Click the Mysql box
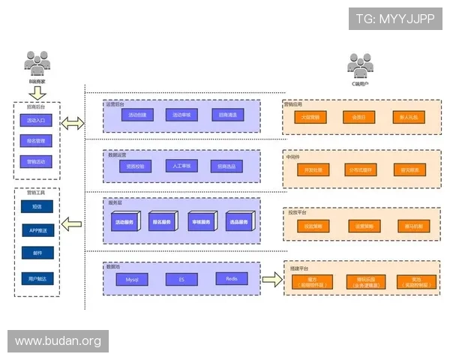tap(132, 279)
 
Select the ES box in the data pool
tap(181, 279)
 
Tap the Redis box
tap(232, 279)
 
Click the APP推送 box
tap(37, 230)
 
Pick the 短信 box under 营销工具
tap(37, 206)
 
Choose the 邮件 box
tap(37, 254)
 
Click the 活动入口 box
tap(37, 120)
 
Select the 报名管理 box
tap(37, 140)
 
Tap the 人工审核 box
tap(181, 166)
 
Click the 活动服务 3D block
tap(124, 222)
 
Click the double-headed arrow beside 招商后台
tap(73, 123)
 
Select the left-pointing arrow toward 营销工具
tap(73, 223)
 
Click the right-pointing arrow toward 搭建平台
tap(271, 280)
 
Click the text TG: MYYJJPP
tap(395, 19)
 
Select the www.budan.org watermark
tap(58, 341)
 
